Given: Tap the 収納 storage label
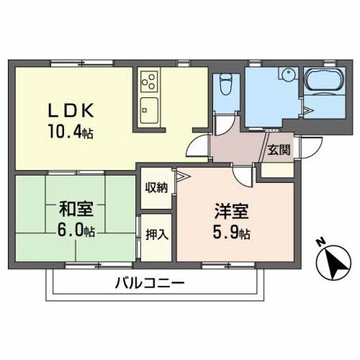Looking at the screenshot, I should coord(156,188).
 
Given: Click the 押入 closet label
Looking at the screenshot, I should coord(156,235).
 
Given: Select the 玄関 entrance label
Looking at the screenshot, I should coord(279,150).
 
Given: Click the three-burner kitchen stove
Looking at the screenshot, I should coord(150,79).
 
